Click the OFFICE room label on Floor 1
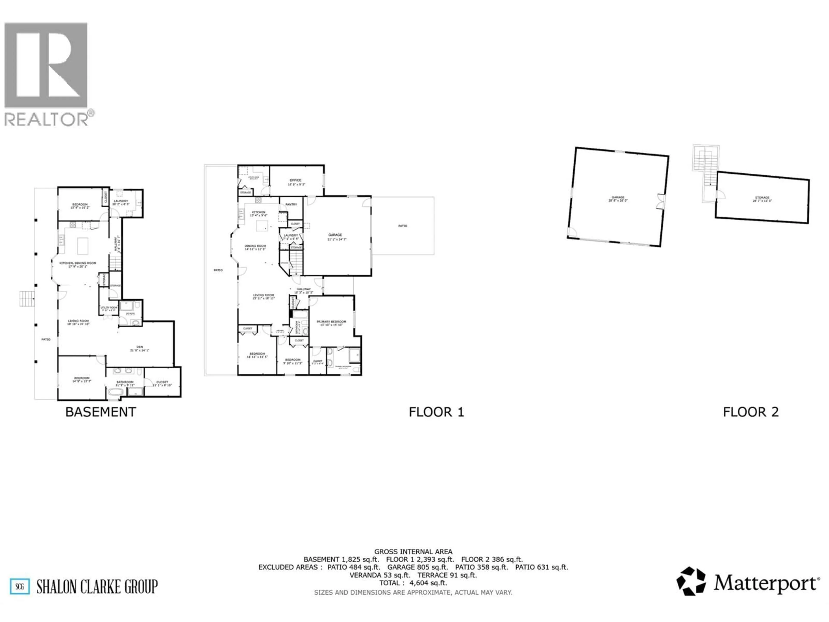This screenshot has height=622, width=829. click(295, 180)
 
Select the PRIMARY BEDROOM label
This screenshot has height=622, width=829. click(331, 322)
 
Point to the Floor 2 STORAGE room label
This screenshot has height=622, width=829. click(762, 198)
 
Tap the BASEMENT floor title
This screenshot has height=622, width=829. click(100, 412)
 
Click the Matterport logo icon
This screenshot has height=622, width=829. click(691, 581)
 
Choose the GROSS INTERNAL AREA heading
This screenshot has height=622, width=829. click(413, 552)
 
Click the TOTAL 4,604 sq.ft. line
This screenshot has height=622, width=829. click(413, 583)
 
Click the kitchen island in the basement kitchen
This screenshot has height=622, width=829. click(83, 246)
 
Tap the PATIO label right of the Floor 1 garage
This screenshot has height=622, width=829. click(402, 226)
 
